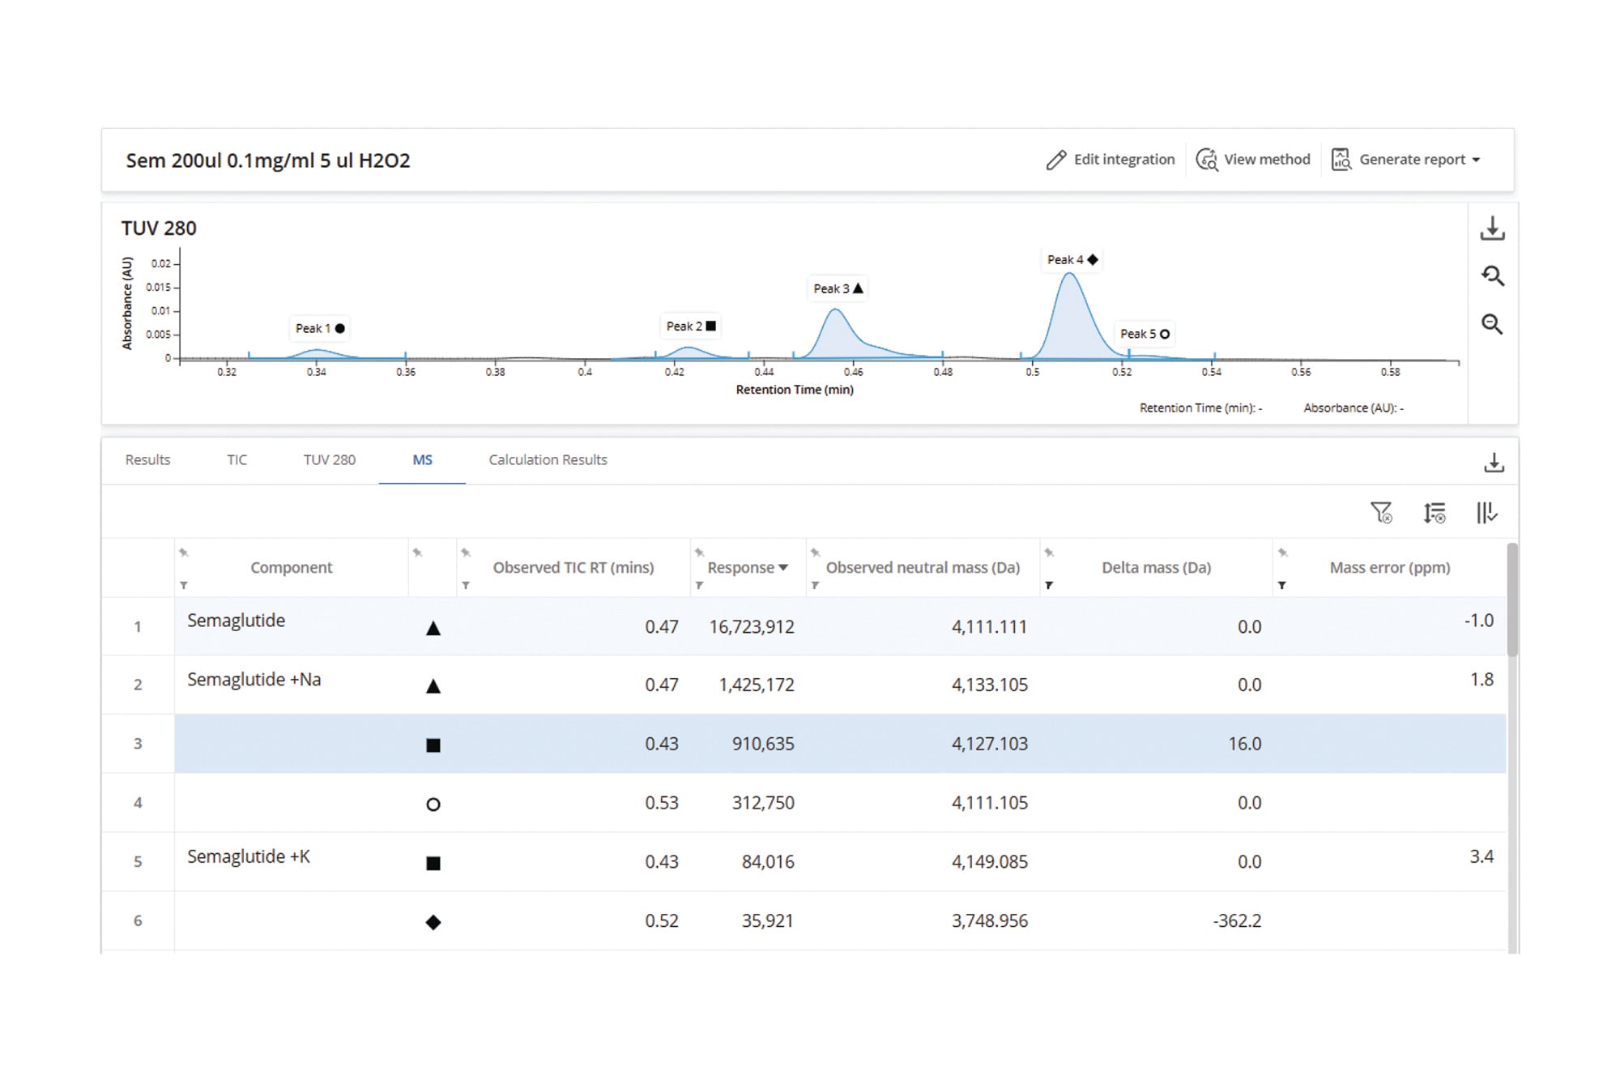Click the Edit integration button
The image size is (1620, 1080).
1110,160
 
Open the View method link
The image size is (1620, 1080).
1253,160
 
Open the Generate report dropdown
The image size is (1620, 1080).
1406,160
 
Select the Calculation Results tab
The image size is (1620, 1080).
548,459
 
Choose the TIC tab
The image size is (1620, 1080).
237,459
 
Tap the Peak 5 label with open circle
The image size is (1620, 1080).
1145,334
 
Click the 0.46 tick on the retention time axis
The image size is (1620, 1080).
853,372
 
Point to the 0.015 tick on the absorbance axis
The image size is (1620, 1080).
159,287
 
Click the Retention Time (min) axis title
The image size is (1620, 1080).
795,390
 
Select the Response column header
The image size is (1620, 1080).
748,567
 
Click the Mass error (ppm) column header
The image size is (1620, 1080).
1390,567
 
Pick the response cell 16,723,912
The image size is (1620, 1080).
752,626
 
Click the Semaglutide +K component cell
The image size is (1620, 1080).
249,856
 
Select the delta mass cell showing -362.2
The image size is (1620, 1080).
1237,920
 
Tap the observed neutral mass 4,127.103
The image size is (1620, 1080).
989,744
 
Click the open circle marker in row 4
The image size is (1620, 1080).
433,805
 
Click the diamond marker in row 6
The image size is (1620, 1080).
433,922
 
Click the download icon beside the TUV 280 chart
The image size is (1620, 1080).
1492,228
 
